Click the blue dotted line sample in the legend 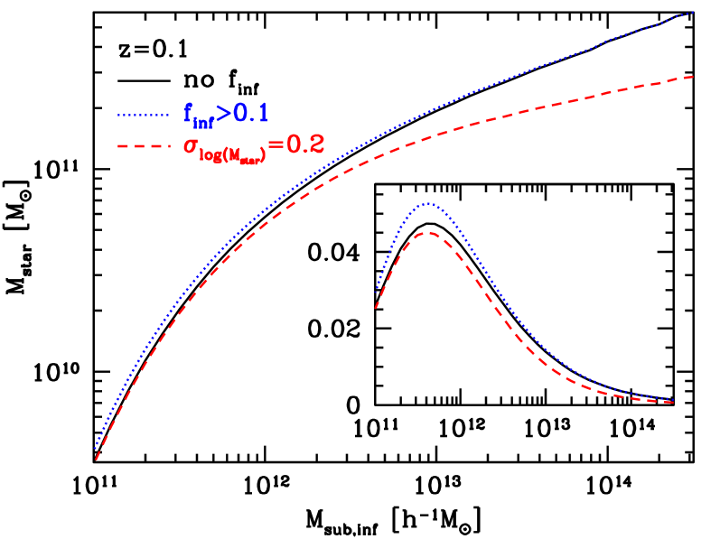143,115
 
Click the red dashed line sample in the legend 143,145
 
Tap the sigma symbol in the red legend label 192,146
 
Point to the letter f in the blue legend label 188,113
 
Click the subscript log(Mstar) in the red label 232,155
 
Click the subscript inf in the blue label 202,121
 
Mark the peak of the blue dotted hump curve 428,204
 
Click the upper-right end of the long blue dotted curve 693,13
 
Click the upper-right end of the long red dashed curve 693,77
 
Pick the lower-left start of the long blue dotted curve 96,447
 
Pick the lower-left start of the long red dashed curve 96,460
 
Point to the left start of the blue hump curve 377,292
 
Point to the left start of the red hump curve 376,309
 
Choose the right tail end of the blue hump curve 674,400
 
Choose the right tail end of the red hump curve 674,403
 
